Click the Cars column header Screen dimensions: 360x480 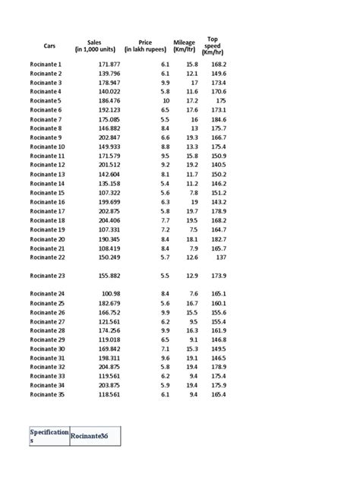[x=50, y=47]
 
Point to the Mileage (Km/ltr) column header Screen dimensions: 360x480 [x=185, y=46]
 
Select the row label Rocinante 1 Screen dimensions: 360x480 [x=46, y=65]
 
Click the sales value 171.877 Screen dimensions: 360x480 [x=110, y=65]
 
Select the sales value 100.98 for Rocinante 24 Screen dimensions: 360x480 [x=112, y=293]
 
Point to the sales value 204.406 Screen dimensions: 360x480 [x=110, y=220]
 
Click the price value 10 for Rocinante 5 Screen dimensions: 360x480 [x=166, y=100]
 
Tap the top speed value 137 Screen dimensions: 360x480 [x=220, y=257]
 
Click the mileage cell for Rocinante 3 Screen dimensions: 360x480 [x=194, y=82]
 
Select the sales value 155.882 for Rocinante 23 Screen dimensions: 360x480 [x=110, y=276]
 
